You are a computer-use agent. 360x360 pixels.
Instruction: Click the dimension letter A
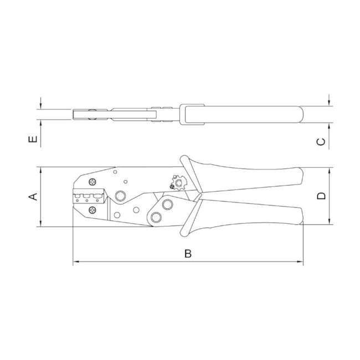[33, 197]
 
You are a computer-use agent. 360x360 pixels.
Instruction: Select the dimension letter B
[188, 254]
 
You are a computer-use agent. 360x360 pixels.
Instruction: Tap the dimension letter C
[321, 142]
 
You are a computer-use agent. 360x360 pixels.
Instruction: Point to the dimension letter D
[321, 196]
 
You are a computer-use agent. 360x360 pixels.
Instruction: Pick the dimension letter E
[33, 139]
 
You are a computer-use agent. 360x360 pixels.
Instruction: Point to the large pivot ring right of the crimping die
[120, 196]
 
